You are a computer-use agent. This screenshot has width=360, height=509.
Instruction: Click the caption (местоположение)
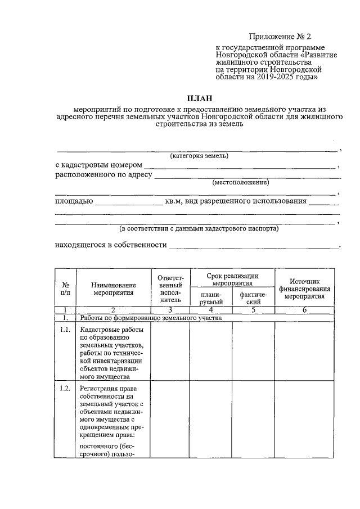point(240,182)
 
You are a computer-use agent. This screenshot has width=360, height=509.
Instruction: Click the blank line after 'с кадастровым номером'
point(240,167)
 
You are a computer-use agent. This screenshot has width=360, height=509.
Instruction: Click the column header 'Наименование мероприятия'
point(113,289)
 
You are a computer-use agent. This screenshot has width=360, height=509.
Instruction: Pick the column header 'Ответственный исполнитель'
point(170,289)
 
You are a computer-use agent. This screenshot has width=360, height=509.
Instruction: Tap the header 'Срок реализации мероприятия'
point(232,280)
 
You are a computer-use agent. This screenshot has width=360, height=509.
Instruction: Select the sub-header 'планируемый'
point(211,298)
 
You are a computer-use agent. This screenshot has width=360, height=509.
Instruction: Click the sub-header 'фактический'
point(253,298)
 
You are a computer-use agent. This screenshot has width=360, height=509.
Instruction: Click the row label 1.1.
point(65,330)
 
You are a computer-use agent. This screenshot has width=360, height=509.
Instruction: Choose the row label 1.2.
point(65,388)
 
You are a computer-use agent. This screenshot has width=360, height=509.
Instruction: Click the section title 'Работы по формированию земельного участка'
point(151,318)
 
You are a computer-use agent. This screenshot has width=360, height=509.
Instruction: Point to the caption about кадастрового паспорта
point(199,229)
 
